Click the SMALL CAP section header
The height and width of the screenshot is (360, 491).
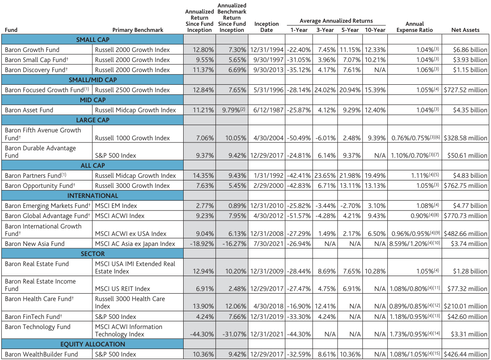click(93, 40)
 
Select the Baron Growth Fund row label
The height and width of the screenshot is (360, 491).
click(32, 50)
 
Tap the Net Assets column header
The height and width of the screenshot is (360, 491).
click(465, 30)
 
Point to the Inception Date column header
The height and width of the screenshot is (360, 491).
click(266, 27)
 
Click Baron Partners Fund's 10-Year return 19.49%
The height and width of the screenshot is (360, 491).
click(375, 176)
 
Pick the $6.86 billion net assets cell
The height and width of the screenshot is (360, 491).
click(470, 50)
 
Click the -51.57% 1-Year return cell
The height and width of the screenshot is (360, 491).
click(299, 216)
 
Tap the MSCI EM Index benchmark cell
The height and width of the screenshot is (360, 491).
click(116, 206)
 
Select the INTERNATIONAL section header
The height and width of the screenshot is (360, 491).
click(93, 196)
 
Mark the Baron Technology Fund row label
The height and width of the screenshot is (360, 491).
click(38, 327)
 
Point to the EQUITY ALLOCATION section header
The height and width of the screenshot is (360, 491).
click(93, 344)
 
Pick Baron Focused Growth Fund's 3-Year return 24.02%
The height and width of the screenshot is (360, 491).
click(325, 90)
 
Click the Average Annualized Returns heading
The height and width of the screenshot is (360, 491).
click(336, 21)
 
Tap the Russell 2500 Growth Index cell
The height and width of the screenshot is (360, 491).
click(132, 90)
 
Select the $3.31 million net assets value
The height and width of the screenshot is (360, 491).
click(469, 334)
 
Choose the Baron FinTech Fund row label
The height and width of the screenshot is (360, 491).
click(34, 317)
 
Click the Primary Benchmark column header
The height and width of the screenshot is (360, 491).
click(138, 30)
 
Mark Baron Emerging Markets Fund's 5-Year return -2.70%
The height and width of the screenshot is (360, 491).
click(350, 206)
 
